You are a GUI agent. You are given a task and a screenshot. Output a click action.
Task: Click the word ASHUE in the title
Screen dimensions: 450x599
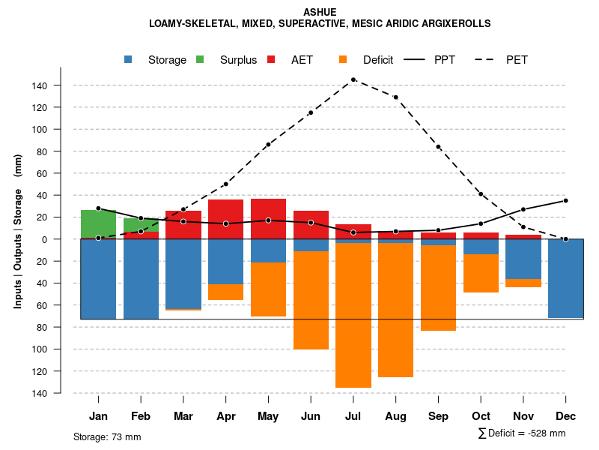click(320, 12)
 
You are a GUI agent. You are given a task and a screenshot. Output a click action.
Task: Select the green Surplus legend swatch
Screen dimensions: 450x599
click(200, 60)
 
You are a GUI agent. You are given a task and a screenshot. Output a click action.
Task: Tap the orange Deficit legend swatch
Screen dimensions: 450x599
click(343, 60)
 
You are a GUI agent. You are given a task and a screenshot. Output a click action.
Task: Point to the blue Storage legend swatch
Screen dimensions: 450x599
click(129, 60)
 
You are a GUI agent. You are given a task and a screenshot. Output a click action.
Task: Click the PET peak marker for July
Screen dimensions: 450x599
click(353, 79)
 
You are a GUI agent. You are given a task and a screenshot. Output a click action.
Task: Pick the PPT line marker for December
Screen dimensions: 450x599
click(566, 200)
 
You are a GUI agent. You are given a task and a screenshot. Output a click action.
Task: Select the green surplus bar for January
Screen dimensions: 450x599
click(98, 224)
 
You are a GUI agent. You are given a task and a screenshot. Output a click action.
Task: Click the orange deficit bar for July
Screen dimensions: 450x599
click(353, 315)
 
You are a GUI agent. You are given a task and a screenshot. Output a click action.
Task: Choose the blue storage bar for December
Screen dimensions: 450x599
click(566, 278)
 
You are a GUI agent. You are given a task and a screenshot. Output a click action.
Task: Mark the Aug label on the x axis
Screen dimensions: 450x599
click(396, 416)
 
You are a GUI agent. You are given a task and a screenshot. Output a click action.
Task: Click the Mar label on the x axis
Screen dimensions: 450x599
click(183, 416)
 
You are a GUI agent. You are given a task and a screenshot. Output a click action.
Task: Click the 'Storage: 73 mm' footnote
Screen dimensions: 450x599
click(107, 436)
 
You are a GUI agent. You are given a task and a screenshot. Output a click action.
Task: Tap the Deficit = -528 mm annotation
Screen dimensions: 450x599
click(522, 433)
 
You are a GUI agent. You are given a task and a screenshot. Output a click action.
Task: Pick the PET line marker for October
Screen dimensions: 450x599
click(481, 194)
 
